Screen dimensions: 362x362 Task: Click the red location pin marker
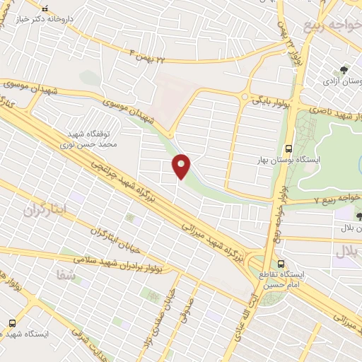click(182, 166)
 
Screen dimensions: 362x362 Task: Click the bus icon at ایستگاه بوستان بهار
click(288, 149)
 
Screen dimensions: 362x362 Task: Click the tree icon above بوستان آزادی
click(343, 70)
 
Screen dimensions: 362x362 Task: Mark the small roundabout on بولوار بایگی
click(245, 97)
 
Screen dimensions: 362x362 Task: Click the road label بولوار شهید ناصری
click(330, 113)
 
